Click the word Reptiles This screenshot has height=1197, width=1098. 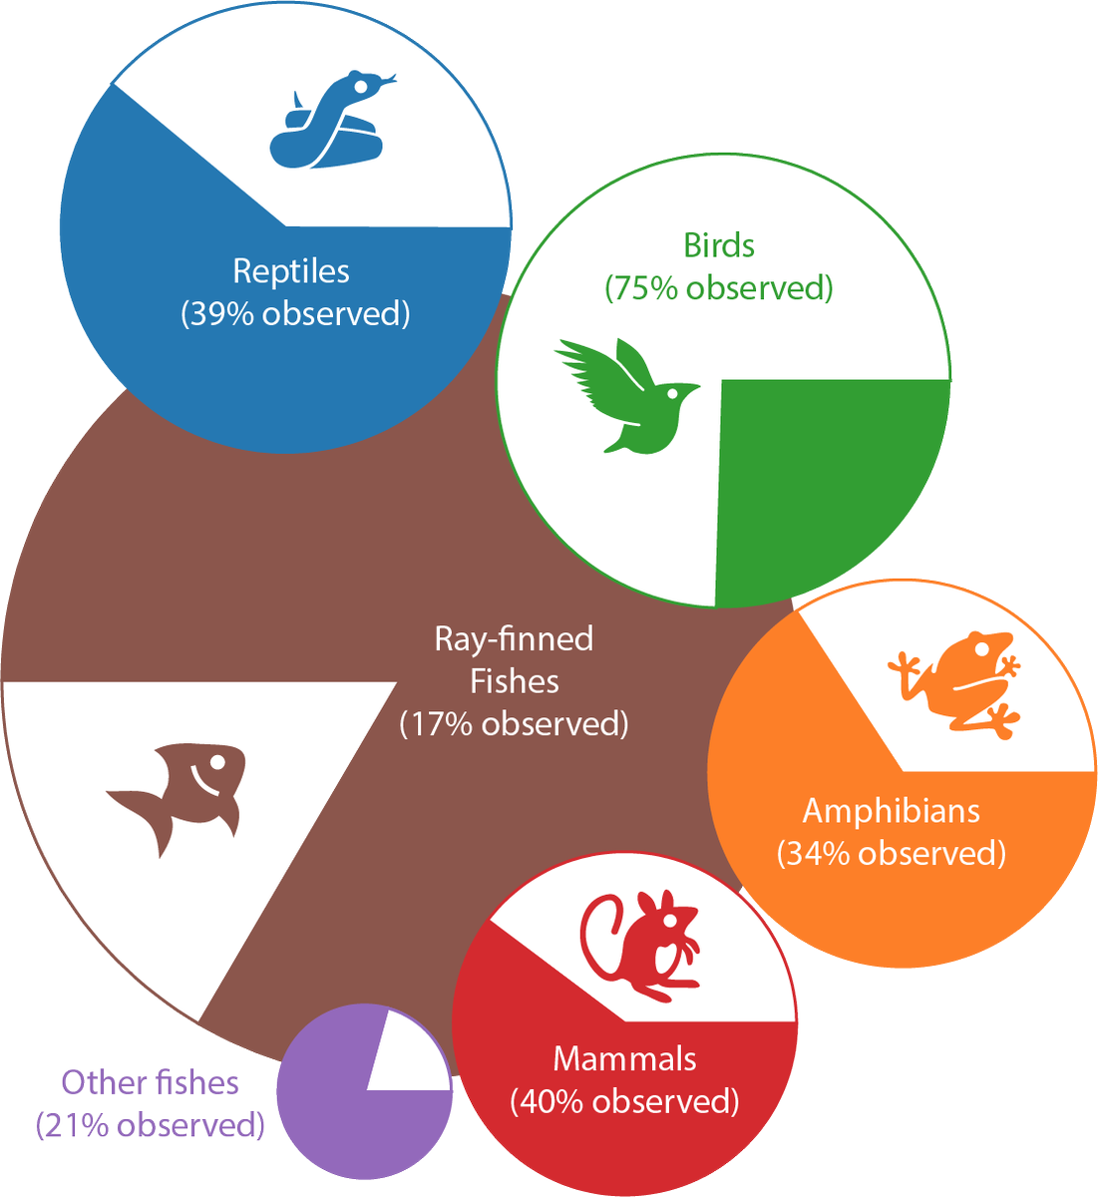pos(291,271)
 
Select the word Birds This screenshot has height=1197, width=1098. pos(718,245)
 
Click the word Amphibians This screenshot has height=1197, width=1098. pos(891,810)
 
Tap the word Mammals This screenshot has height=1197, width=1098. pos(624,1058)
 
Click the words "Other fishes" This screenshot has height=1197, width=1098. pos(150,1082)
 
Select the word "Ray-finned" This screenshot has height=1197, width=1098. pos(514,638)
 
